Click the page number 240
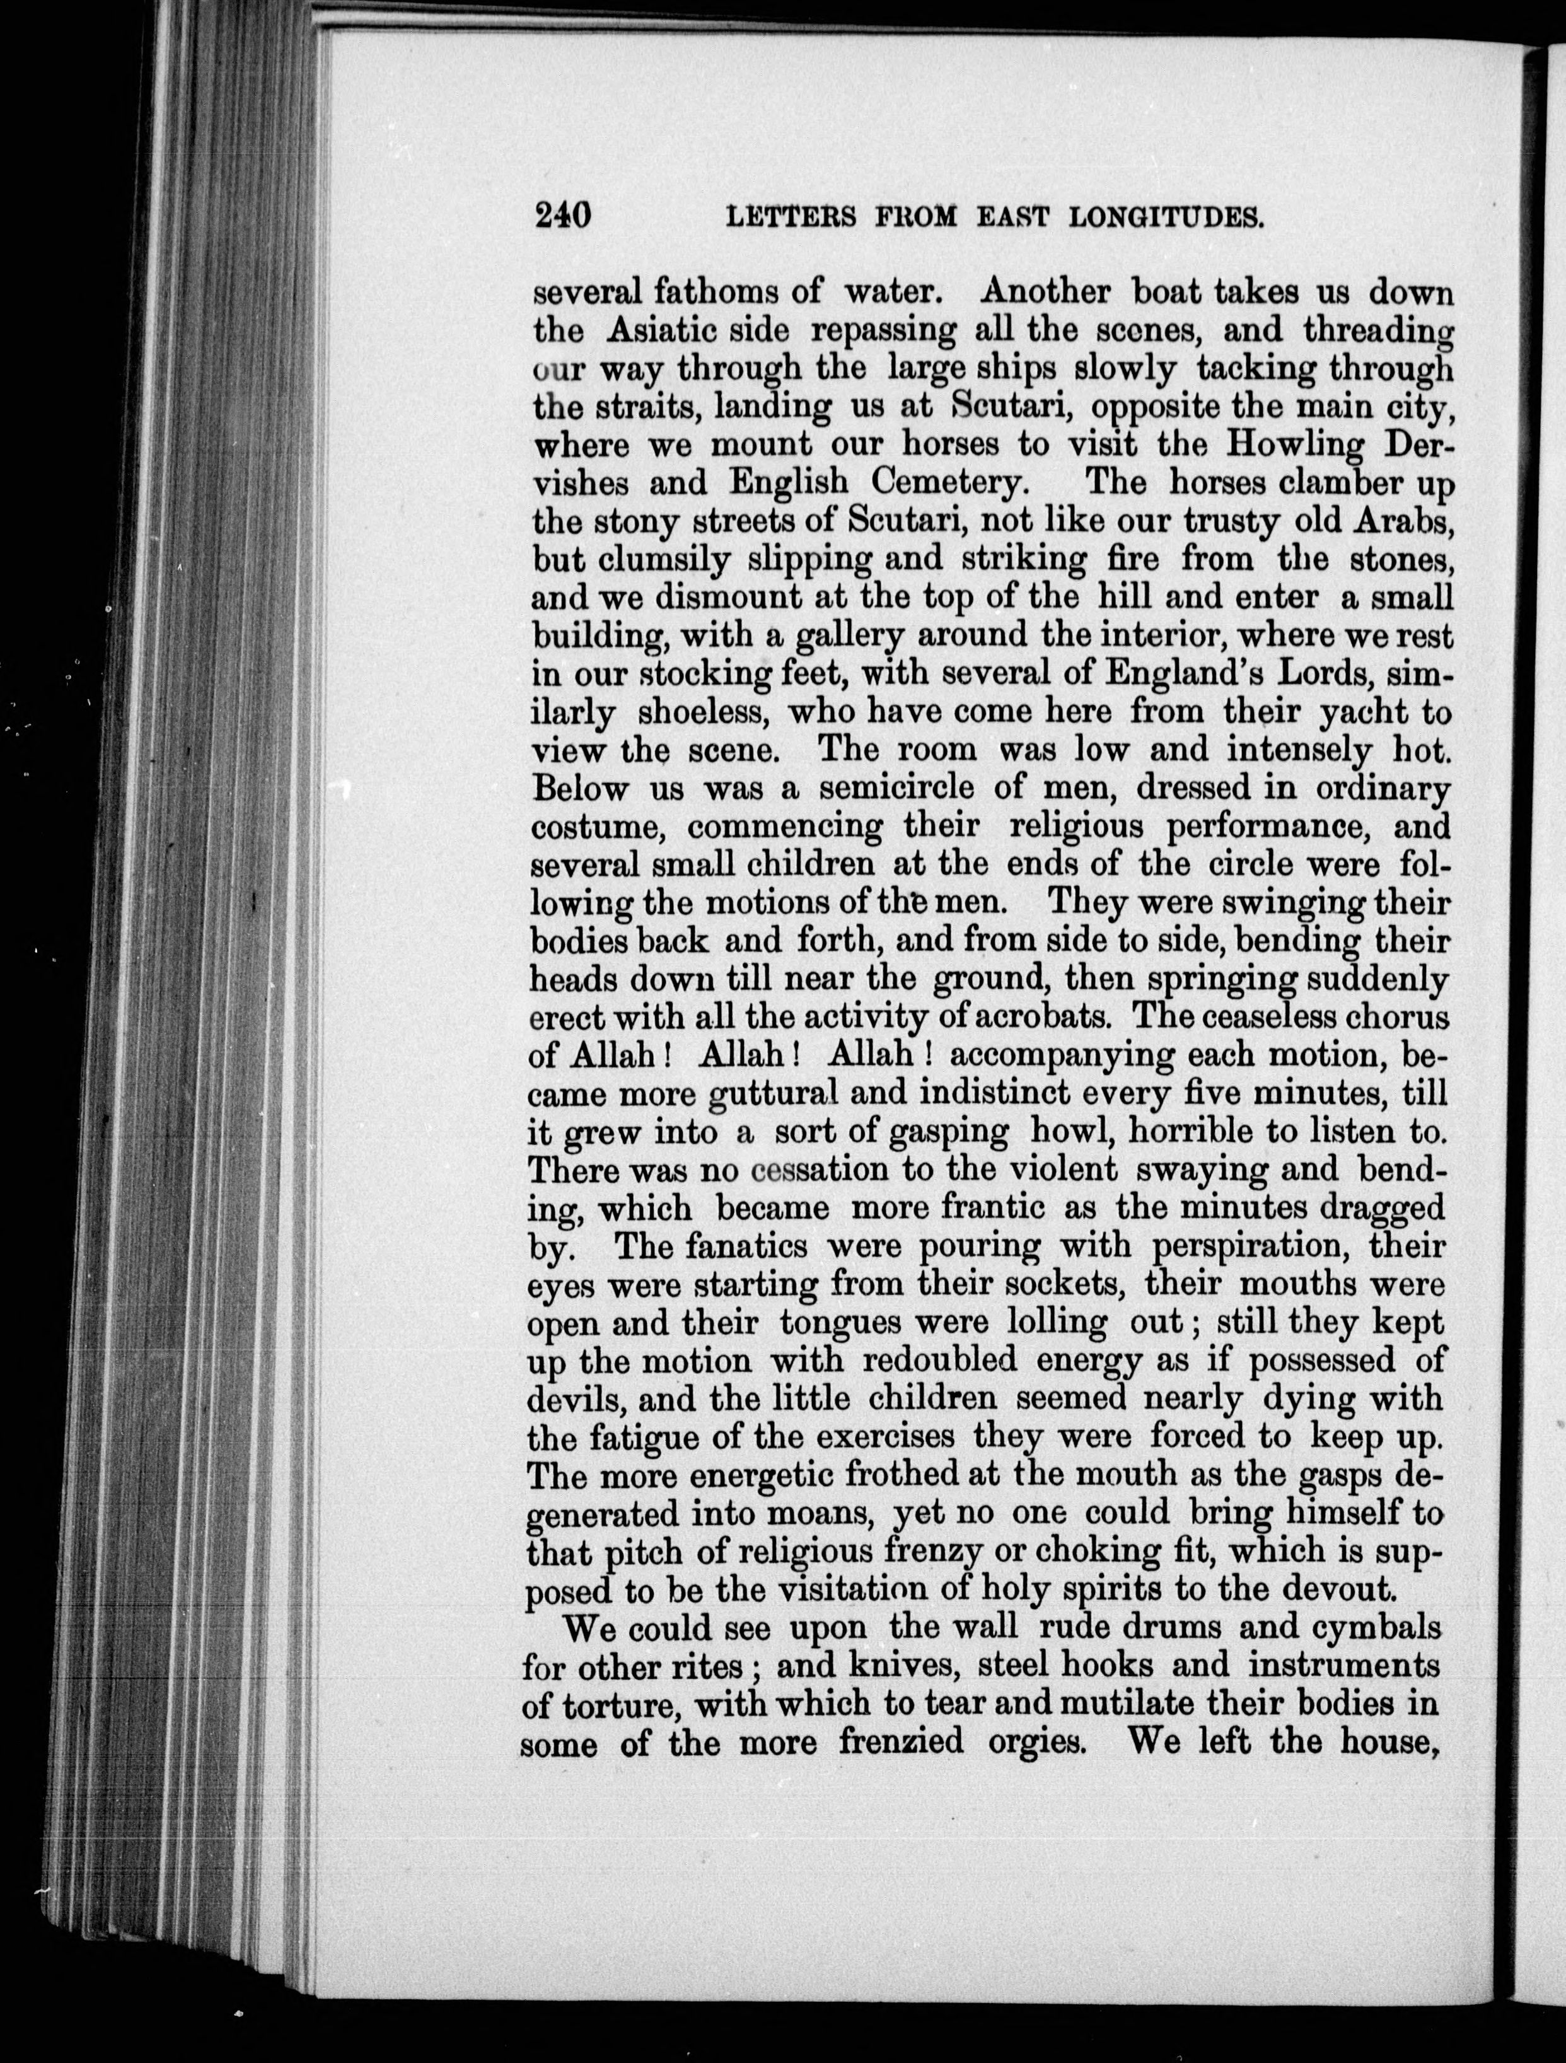(564, 216)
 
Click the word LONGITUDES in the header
(1165, 218)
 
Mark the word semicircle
(898, 789)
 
